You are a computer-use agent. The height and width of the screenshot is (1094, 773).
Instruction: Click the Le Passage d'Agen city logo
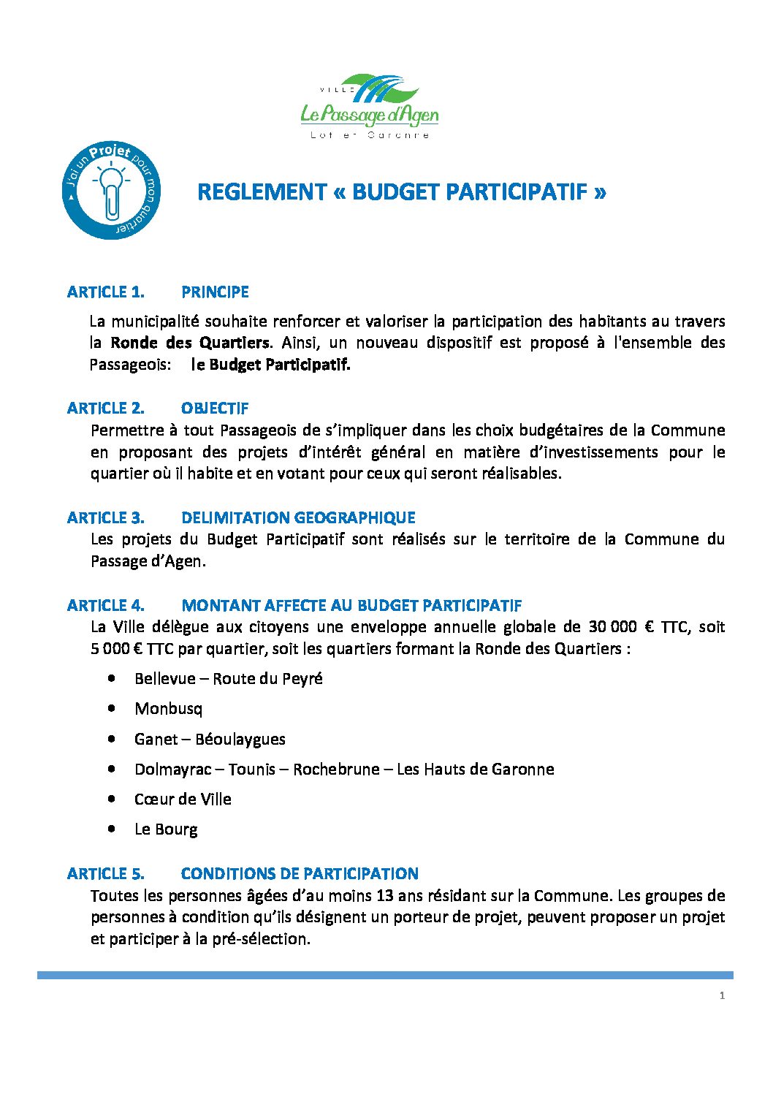pyautogui.click(x=370, y=107)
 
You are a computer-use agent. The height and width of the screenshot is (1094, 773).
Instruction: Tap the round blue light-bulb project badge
pyautogui.click(x=111, y=191)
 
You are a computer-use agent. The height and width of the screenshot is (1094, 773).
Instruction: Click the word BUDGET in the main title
pyautogui.click(x=395, y=192)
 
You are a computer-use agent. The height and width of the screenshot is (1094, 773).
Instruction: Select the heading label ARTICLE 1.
pyautogui.click(x=106, y=292)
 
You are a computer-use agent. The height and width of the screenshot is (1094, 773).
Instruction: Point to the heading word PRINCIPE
pyautogui.click(x=215, y=292)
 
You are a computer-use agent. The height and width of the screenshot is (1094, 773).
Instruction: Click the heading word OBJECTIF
pyautogui.click(x=215, y=409)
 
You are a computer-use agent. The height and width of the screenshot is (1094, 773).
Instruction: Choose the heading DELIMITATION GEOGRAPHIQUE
pyautogui.click(x=298, y=518)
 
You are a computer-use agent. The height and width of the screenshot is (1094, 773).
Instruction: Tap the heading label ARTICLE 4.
pyautogui.click(x=106, y=606)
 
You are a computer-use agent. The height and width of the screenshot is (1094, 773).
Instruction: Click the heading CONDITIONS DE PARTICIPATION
pyautogui.click(x=300, y=874)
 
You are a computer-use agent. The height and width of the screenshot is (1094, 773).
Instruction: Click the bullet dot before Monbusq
pyautogui.click(x=110, y=708)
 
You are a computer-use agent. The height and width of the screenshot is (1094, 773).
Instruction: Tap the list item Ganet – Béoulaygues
pyautogui.click(x=210, y=739)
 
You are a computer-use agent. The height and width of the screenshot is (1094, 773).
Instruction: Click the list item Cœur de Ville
pyautogui.click(x=183, y=799)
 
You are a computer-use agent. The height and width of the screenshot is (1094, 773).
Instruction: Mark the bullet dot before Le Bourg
pyautogui.click(x=110, y=829)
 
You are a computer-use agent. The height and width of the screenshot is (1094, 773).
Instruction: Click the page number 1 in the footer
pyautogui.click(x=722, y=995)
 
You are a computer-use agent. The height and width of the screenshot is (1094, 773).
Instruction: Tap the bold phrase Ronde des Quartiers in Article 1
pyautogui.click(x=190, y=343)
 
